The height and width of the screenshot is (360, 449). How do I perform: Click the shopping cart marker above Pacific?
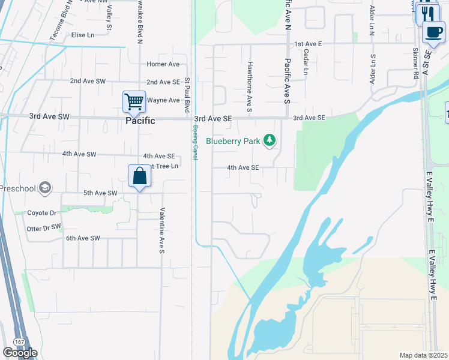coord(134,101)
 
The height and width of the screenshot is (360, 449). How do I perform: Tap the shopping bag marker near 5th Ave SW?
coord(139,176)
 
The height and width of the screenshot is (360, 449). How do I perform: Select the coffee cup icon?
coord(433,32)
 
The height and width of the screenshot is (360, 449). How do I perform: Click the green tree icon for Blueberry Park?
coord(270,141)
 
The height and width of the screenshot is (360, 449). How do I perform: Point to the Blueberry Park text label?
coord(233,142)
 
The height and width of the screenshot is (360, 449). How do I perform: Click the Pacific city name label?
coord(140,121)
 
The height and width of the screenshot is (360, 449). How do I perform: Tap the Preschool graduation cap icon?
coord(44,188)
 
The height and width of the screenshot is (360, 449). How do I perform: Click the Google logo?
coord(20,353)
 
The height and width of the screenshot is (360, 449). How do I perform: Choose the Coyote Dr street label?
coord(42,213)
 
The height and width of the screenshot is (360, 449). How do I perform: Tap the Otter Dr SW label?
coord(44,228)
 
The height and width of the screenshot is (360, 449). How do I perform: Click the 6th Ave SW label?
coord(83,238)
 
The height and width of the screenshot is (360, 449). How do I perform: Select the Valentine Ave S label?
coord(161,230)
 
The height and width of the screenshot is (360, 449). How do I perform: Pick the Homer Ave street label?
coord(163,64)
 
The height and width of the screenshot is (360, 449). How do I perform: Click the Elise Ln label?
coord(83,35)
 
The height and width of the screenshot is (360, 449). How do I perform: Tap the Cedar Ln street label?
coord(306,61)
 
